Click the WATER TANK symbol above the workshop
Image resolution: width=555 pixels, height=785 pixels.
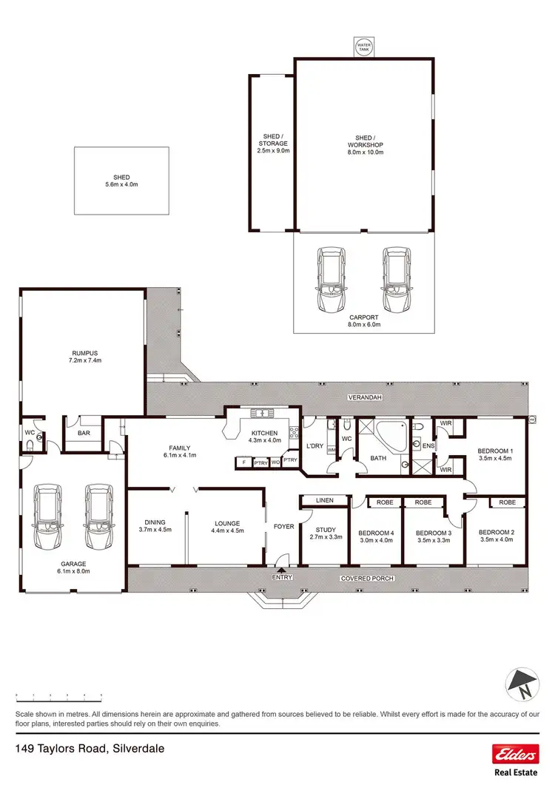tap(363, 46)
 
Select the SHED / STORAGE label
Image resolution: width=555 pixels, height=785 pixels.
tap(270, 140)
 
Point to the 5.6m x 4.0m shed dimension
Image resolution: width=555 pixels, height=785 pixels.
tap(121, 184)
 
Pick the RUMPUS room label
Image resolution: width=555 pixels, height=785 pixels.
tap(81, 353)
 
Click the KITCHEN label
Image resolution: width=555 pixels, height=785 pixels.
tap(264, 433)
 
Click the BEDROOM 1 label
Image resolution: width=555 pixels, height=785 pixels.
tap(495, 451)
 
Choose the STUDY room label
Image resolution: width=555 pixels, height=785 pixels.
tap(326, 530)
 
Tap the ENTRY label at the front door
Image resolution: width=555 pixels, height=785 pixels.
tap(283, 578)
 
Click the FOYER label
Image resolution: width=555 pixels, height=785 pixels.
tap(283, 527)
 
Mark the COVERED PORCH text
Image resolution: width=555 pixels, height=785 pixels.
tap(367, 578)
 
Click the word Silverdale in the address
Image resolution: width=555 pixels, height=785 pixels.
tap(138, 749)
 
